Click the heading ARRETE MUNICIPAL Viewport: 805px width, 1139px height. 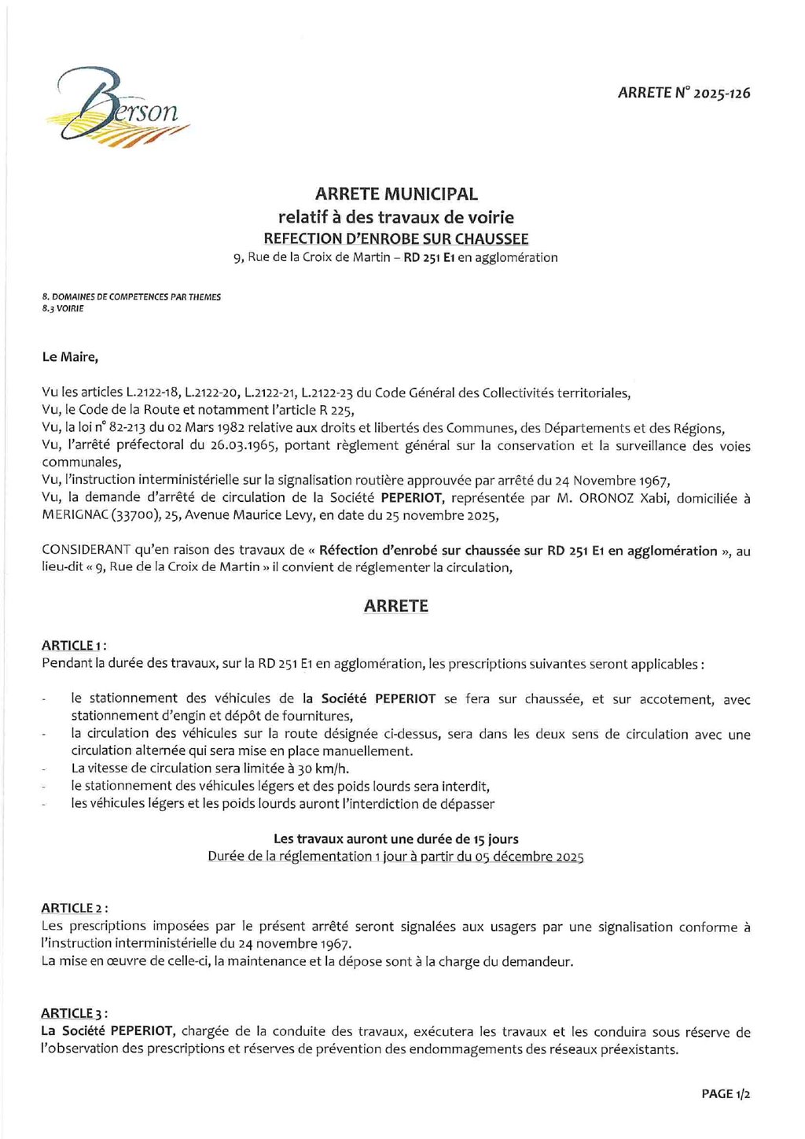[x=396, y=194]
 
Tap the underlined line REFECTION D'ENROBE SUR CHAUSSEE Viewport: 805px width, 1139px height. [x=396, y=238]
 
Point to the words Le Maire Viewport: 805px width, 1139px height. [x=70, y=357]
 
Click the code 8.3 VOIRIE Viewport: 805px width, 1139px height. [x=63, y=308]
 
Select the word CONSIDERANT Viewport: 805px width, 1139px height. [x=86, y=551]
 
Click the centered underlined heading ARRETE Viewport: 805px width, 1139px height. [x=396, y=606]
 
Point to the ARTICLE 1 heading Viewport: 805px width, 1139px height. [x=74, y=646]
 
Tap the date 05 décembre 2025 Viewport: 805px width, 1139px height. [x=529, y=857]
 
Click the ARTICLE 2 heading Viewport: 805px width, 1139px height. [x=74, y=909]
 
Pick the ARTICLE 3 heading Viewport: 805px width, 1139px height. [x=74, y=1014]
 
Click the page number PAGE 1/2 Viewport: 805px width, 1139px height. [x=726, y=1094]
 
